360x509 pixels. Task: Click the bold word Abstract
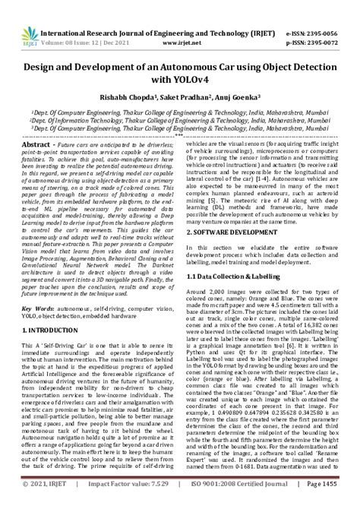tap(37, 143)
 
